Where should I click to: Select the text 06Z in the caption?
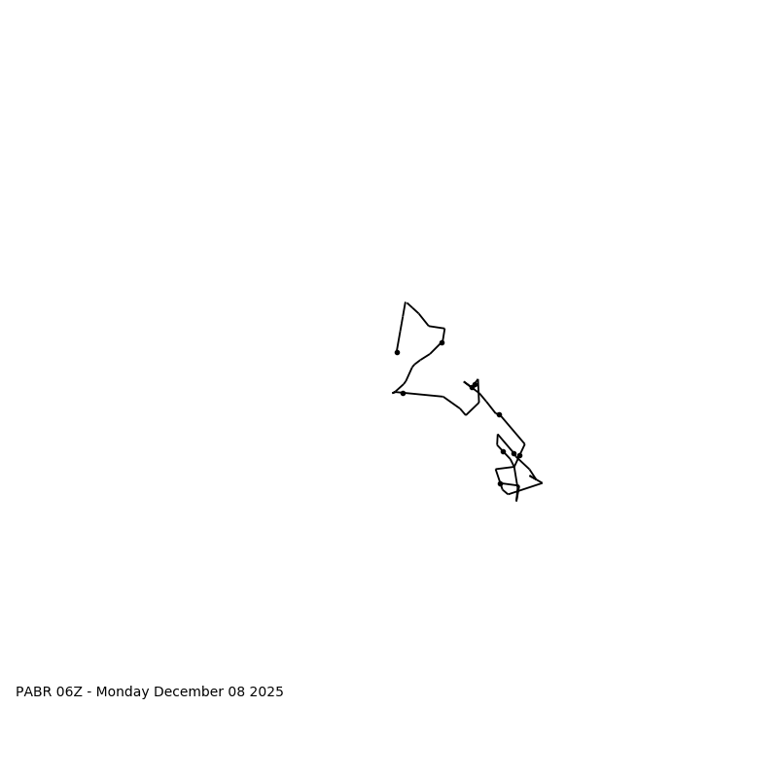[69, 692]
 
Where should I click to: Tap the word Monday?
[123, 692]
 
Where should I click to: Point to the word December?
[189, 692]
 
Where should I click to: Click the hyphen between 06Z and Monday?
[89, 692]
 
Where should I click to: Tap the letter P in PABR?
[19, 692]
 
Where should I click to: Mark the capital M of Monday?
[101, 692]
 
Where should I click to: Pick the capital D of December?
[159, 692]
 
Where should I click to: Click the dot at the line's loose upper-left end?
[397, 352]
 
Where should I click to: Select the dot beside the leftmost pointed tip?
[403, 393]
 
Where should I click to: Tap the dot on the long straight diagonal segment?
[499, 414]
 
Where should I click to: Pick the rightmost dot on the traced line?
[519, 455]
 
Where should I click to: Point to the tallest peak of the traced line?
[406, 302]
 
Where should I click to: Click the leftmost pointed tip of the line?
[393, 393]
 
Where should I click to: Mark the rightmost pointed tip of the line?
[542, 482]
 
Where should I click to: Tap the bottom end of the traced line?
[516, 500]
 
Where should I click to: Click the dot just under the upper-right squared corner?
[442, 342]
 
